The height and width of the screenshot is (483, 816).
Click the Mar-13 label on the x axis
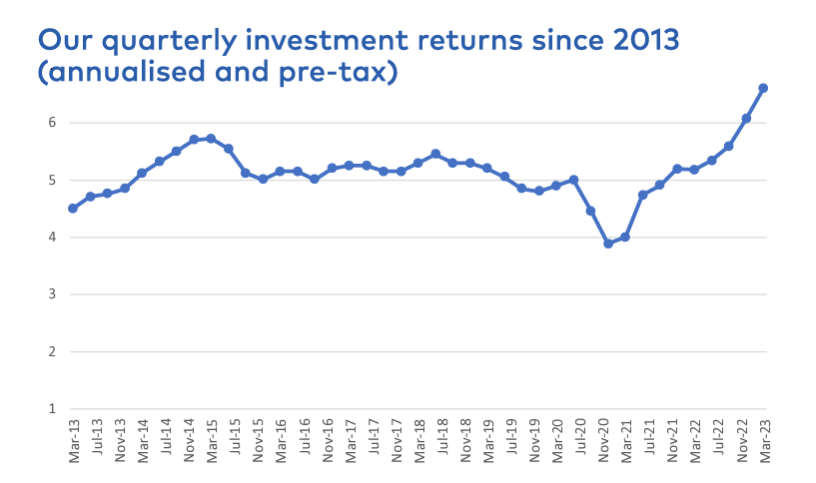click(x=73, y=440)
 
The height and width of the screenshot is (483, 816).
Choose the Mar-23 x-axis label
click(x=765, y=440)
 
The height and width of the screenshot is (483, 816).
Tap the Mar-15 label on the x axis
click(x=211, y=440)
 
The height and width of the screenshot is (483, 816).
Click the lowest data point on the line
click(x=608, y=243)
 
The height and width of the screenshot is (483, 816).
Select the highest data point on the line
click(x=764, y=88)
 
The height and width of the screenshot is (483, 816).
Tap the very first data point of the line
click(x=73, y=209)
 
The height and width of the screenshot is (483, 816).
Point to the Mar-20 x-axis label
click(x=556, y=440)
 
